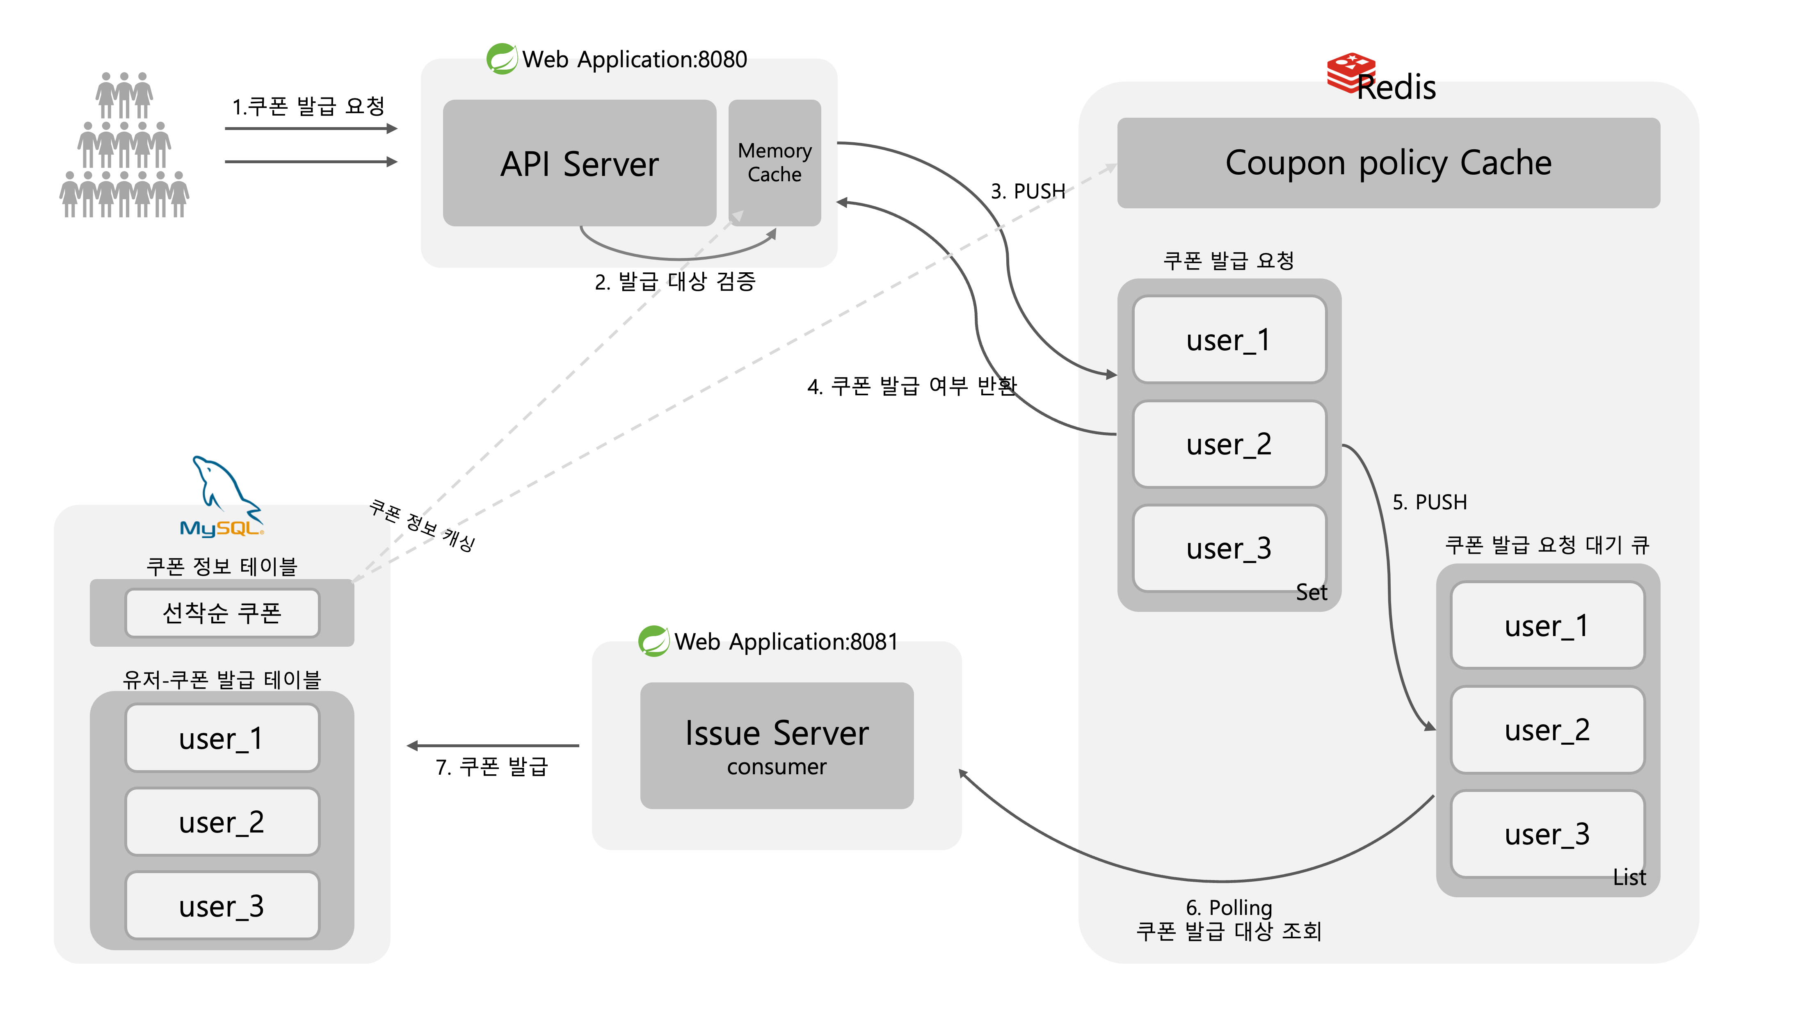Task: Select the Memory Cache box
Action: coord(774,162)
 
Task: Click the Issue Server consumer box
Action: coord(777,745)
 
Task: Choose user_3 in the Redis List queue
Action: coord(1547,834)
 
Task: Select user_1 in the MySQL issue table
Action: coord(222,738)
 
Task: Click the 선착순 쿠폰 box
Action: coord(222,613)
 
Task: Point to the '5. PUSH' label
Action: coord(1429,502)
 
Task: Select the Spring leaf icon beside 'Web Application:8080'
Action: coord(502,59)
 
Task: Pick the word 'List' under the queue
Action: coord(1629,877)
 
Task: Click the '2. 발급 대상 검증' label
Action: coord(675,282)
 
